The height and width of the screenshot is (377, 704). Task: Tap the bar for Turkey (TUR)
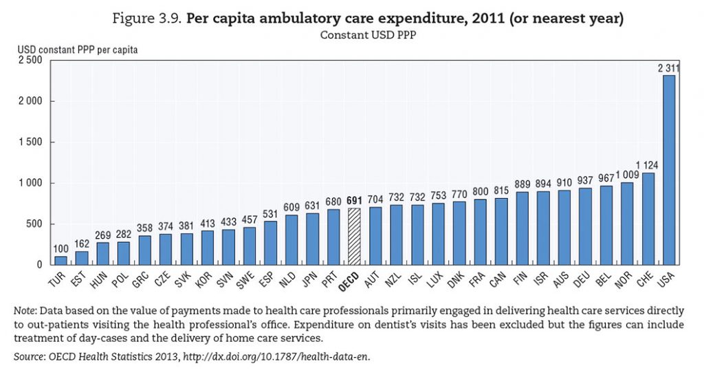coord(60,260)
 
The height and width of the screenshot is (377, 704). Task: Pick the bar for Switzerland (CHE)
coord(648,219)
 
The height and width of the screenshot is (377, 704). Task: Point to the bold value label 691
coord(353,200)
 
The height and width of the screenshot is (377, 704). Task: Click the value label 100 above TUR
coord(60,248)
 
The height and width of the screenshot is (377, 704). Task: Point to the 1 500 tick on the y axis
coord(32,142)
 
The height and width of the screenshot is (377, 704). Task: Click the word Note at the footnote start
coord(25,309)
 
